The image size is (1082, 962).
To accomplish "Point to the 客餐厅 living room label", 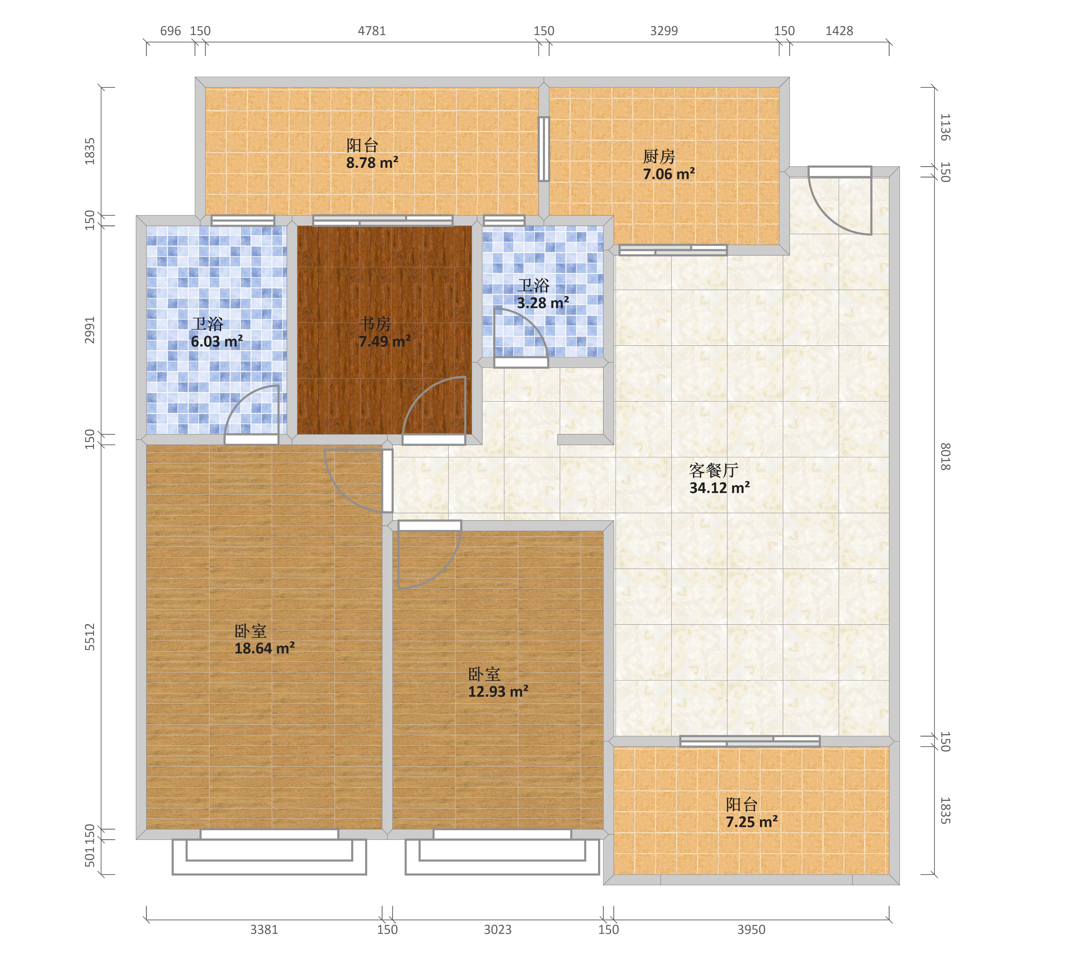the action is tap(714, 470).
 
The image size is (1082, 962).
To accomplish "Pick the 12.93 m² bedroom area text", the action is tap(498, 691).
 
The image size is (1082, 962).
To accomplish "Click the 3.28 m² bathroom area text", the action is tap(543, 303).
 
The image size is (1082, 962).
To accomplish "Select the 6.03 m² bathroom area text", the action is tap(217, 342).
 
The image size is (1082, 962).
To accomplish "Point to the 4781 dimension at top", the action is tap(372, 31).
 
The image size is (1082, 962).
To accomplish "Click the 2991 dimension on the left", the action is tap(90, 330).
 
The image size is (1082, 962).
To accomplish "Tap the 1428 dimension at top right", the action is tap(840, 31).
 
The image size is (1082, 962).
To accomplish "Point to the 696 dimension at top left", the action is tap(170, 31).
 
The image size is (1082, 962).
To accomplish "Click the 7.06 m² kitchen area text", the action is tap(669, 174).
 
